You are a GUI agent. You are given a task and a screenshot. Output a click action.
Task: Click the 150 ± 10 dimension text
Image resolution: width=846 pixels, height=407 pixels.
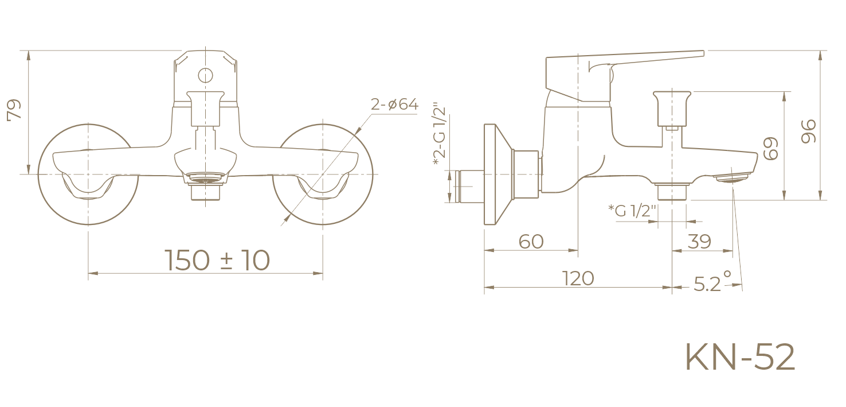218,260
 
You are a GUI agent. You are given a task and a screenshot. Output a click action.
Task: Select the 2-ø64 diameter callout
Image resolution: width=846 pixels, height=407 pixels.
394,106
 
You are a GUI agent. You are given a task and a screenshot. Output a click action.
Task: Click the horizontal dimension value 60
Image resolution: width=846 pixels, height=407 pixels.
531,242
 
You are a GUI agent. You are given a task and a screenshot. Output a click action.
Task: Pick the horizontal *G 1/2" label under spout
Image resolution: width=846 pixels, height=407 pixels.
632,211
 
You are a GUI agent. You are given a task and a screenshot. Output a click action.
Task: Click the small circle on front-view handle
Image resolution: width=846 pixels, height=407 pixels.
204,75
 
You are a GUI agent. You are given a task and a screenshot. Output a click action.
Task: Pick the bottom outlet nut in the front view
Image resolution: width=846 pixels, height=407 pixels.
205,189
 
